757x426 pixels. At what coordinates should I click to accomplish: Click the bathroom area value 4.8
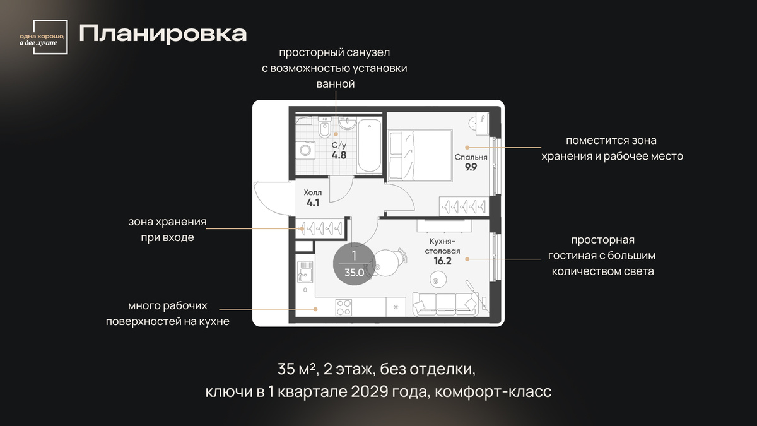click(x=339, y=155)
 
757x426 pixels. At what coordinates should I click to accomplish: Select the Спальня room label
click(x=471, y=157)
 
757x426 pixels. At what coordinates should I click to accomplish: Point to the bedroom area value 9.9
click(x=471, y=167)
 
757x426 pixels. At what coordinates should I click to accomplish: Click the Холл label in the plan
click(x=313, y=192)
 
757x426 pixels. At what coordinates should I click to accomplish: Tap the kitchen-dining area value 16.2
click(x=442, y=261)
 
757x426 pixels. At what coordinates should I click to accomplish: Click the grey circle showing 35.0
click(x=354, y=264)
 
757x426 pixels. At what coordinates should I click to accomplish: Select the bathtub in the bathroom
click(x=370, y=145)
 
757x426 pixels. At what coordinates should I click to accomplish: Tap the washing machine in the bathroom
click(x=305, y=150)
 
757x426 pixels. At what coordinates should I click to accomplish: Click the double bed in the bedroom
click(x=420, y=155)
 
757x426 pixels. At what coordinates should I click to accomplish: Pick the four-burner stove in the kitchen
click(x=343, y=307)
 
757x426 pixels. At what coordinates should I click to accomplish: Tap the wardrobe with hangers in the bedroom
click(x=464, y=206)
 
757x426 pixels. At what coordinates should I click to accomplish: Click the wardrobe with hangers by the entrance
click(x=320, y=228)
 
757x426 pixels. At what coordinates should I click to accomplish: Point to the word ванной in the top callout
click(x=336, y=84)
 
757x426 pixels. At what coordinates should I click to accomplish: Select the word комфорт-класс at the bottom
click(x=493, y=392)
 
